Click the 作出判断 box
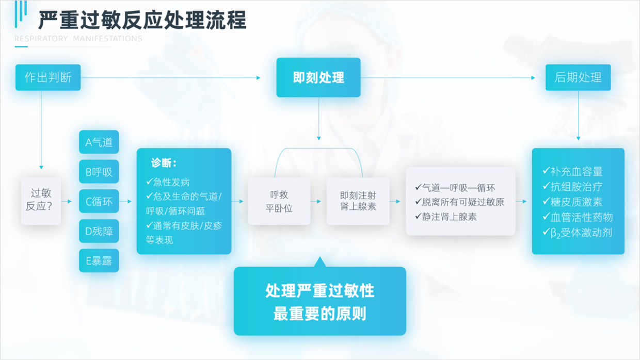(x=48, y=77)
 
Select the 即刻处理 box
(x=318, y=77)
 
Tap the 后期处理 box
(x=578, y=77)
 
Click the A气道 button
(x=99, y=142)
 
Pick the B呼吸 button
(x=99, y=172)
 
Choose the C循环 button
(x=99, y=201)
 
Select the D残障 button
(x=99, y=231)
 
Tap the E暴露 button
(x=99, y=260)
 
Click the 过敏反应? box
(x=41, y=201)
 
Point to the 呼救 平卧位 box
(x=279, y=201)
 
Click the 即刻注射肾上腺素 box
(x=358, y=201)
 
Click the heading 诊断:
(x=164, y=163)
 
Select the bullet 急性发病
(x=168, y=182)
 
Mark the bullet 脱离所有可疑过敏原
(x=460, y=202)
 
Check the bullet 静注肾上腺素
(x=446, y=217)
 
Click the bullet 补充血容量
(x=572, y=171)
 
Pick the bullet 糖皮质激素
(x=572, y=202)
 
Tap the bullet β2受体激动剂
(x=577, y=233)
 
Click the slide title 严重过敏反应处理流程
(x=142, y=20)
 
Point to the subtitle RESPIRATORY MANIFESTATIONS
(x=78, y=39)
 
